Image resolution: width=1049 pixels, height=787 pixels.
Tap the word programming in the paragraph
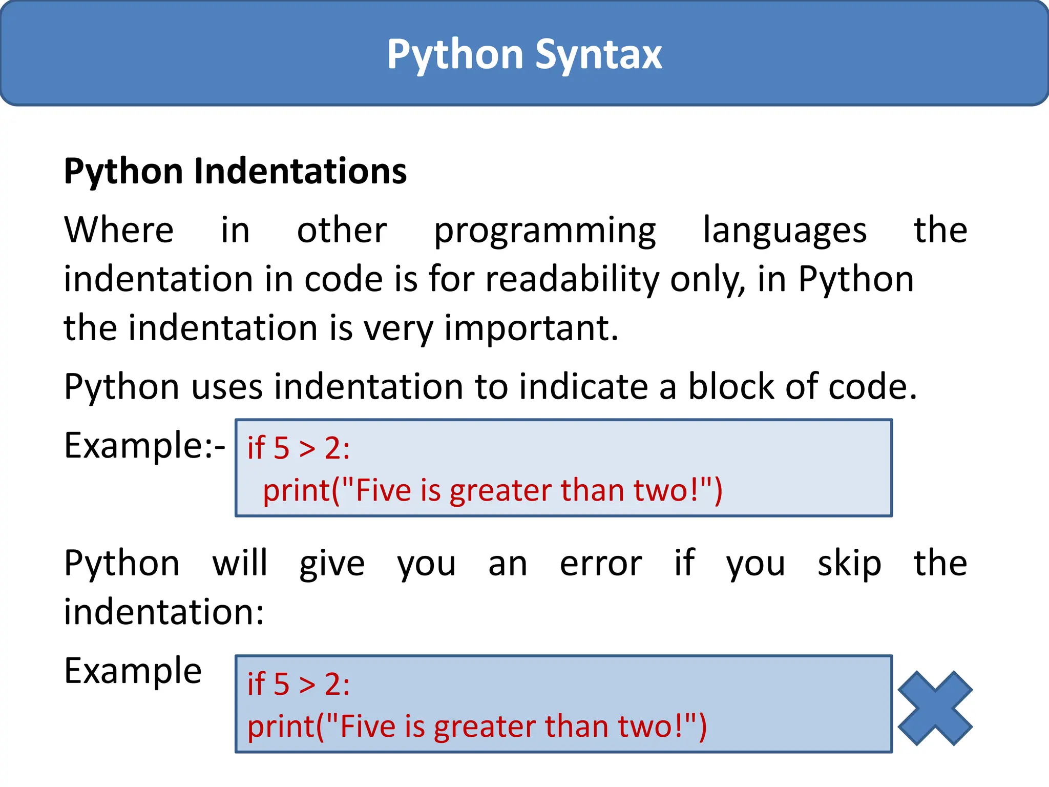click(544, 231)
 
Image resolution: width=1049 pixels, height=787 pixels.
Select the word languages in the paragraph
click(785, 231)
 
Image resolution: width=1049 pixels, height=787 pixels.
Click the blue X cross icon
click(935, 708)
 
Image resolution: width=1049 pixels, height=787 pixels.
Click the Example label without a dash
click(133, 671)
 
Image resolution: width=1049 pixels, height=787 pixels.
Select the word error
click(601, 564)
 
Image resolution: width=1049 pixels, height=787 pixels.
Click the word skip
click(849, 564)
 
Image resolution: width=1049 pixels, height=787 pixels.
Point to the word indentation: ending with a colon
click(164, 612)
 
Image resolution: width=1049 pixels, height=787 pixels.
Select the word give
click(332, 564)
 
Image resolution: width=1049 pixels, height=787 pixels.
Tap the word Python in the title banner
click(455, 54)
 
